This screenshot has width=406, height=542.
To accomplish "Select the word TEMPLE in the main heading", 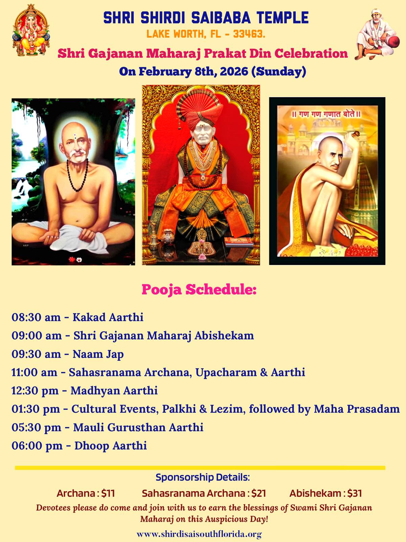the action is (x=283, y=18).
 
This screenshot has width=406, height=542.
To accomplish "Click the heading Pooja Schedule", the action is (x=199, y=289).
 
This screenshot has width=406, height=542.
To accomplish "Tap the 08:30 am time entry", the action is (x=36, y=317).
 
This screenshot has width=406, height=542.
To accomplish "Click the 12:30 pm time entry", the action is (x=35, y=391).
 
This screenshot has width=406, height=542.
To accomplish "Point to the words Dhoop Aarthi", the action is (x=111, y=446).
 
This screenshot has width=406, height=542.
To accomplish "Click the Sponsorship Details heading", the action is (x=203, y=477).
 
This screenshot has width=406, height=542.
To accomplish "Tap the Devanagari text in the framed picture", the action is (x=326, y=114).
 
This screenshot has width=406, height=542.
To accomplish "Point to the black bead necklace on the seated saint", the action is (x=77, y=175).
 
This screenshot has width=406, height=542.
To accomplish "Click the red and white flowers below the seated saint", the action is (x=75, y=259).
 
